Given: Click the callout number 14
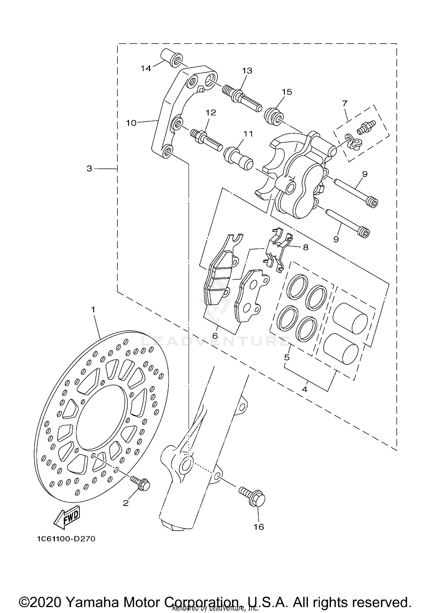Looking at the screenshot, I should click(146, 69).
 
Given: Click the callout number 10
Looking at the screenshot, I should click(131, 123).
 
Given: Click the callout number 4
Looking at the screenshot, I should click(305, 390).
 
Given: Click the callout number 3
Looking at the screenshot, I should click(90, 169).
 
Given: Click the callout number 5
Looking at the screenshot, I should click(287, 357).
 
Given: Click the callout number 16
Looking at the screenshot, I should click(259, 527).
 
